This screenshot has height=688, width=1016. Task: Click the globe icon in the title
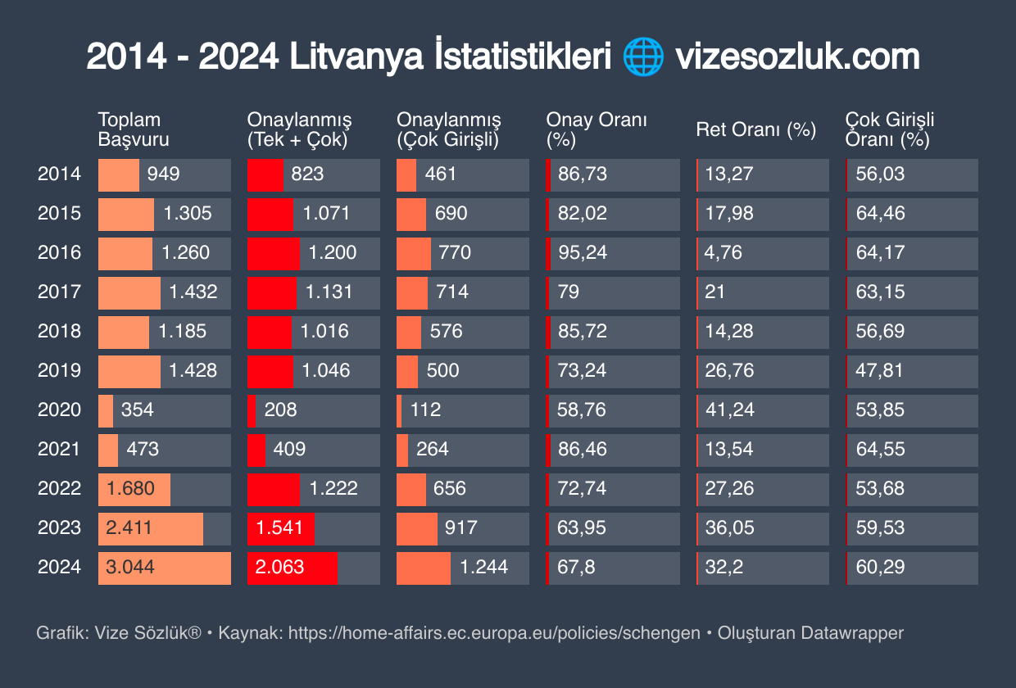pos(643,58)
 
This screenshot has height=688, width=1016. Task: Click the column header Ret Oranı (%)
pos(755,129)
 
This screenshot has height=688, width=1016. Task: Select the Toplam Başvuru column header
pos(134,129)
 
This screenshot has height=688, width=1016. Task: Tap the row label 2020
pos(59,410)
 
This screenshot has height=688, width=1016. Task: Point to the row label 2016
pos(59,252)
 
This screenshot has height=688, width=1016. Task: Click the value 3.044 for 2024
pos(131,567)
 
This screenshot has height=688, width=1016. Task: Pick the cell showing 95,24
pos(583,252)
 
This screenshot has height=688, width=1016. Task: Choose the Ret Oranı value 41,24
pos(730,410)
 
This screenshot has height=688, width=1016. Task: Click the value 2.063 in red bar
pos(280,567)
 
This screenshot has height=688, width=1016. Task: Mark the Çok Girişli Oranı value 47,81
pos(880,370)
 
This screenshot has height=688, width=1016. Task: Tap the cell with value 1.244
pos(484,567)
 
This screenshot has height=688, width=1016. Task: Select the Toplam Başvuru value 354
pos(138,410)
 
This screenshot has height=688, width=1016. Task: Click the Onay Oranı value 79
pos(569,292)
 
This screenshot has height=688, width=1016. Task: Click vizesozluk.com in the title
pos(797,58)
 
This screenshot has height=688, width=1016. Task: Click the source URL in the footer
pos(494,633)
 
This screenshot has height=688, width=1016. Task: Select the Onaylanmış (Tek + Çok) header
pos(299,129)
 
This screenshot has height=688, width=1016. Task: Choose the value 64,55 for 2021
pos(880,449)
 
